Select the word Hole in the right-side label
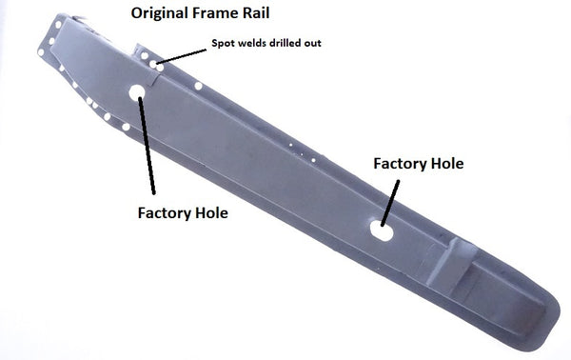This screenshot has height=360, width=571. tap(447, 164)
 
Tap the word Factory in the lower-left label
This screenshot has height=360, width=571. tap(168, 212)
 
